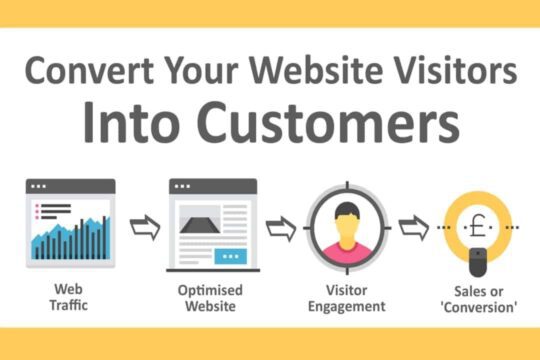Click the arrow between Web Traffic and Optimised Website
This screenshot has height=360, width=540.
point(145,228)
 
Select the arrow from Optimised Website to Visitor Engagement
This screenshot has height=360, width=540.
point(282,228)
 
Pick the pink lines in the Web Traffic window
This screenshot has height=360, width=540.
point(45,210)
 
